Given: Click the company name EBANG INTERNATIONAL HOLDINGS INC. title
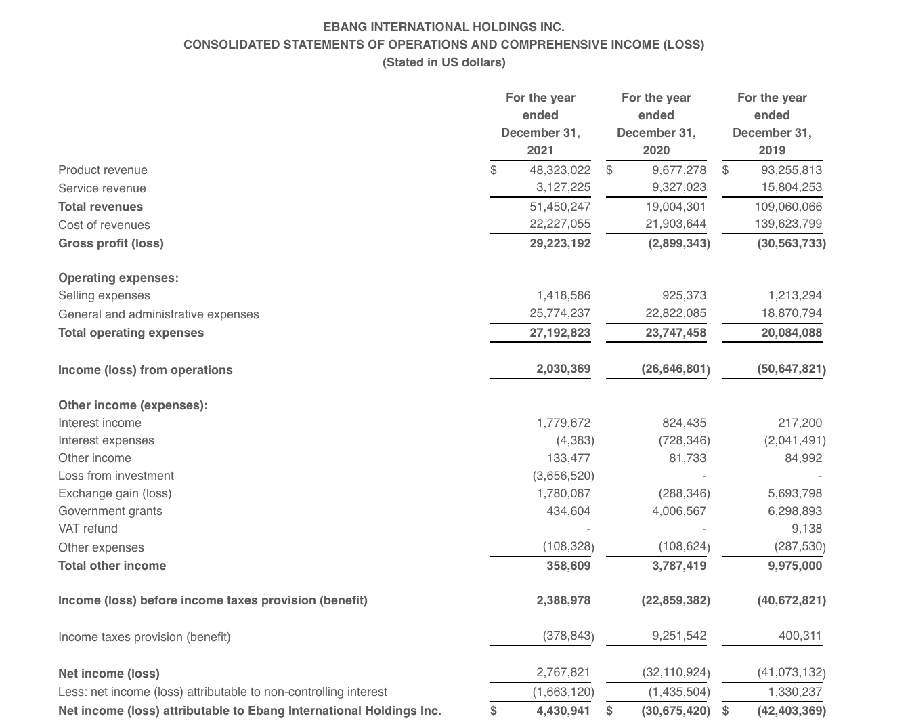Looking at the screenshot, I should tap(443, 27).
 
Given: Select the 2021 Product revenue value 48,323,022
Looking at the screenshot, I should tap(560, 170).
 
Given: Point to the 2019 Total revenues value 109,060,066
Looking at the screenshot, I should tap(788, 207).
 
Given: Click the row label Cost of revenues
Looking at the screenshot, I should tap(104, 225).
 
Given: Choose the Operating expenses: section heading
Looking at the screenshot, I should tap(118, 278).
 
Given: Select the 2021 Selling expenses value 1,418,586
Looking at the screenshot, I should tap(563, 295).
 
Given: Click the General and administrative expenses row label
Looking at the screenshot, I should tap(158, 314).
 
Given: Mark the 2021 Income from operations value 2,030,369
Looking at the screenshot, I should tap(563, 369).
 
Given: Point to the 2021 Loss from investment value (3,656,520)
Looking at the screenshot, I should tap(563, 476).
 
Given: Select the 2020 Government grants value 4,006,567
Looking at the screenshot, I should tap(678, 511).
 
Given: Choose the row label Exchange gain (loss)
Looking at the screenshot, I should tap(115, 493).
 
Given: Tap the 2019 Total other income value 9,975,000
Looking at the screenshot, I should tap(795, 566).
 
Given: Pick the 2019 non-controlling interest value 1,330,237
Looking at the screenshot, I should tap(795, 692).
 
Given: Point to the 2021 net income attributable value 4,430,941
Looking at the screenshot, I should tap(563, 711).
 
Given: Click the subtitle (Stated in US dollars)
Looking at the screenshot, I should tap(443, 62).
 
